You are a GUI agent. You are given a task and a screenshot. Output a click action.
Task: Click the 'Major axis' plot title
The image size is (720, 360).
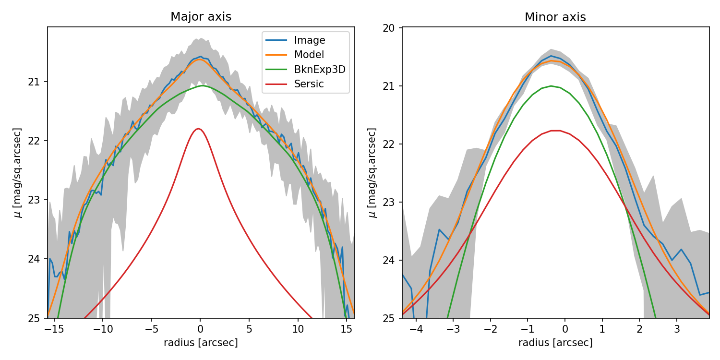tap(201, 17)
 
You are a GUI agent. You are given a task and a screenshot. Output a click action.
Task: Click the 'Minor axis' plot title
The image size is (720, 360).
tap(555, 17)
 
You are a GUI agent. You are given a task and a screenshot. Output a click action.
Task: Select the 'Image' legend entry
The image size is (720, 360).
tap(310, 40)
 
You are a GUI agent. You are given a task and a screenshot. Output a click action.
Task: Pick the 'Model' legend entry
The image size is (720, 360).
tap(309, 55)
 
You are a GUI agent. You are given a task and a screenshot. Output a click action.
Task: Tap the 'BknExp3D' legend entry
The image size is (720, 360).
tap(320, 70)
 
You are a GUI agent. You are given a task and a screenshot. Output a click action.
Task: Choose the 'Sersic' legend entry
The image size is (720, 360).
tap(309, 84)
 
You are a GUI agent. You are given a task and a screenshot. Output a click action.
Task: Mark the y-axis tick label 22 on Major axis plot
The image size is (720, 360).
tap(36, 141)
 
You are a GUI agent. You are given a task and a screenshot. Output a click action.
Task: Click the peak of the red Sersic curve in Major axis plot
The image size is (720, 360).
tap(198, 129)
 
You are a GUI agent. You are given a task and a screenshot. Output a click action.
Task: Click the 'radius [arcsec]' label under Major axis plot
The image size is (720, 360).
tap(201, 343)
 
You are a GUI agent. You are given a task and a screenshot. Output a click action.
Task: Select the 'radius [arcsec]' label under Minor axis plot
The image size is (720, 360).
tap(555, 343)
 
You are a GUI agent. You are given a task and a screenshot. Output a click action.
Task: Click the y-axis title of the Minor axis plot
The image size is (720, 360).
tap(372, 172)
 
